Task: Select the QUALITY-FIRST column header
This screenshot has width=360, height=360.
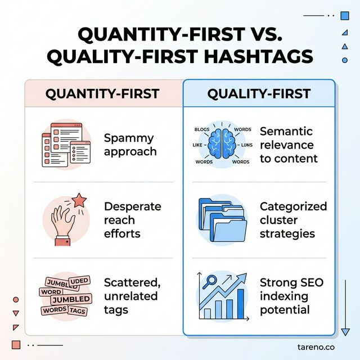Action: point(259,93)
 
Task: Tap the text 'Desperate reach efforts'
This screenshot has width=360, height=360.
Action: point(133,220)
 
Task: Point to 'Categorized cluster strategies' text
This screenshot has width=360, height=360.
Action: point(293,220)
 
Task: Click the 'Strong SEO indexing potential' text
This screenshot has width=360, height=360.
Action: point(291,295)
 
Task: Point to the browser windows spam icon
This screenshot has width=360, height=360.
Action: point(66,145)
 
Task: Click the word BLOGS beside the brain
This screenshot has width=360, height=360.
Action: point(201,129)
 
